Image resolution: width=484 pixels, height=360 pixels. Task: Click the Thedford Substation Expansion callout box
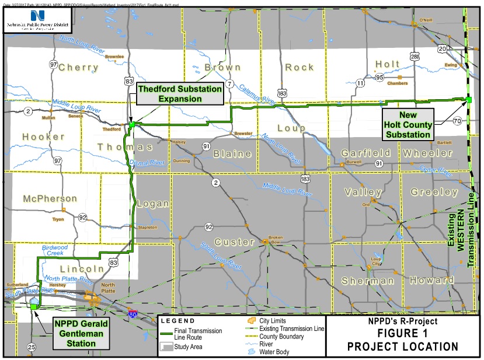[x=180, y=94]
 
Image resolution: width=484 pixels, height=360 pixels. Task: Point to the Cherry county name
[x=78, y=67]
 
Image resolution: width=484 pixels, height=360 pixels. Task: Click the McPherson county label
[x=50, y=199]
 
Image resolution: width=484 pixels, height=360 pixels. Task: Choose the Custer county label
[x=234, y=242]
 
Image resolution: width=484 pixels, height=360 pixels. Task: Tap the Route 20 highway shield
[x=443, y=48]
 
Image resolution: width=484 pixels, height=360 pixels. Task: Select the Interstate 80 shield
[x=134, y=314]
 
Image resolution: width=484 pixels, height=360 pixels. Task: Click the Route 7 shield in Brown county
[x=231, y=84]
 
